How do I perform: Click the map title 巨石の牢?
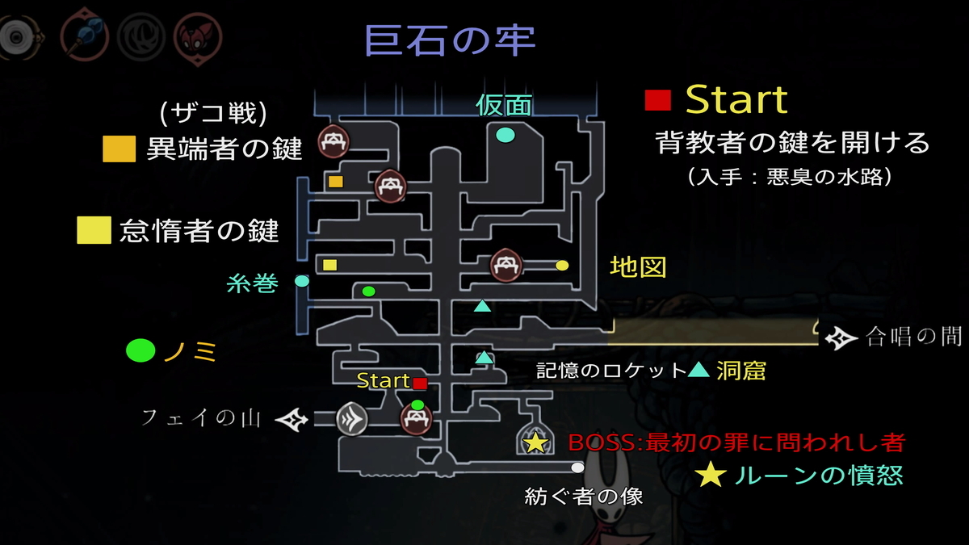(451, 40)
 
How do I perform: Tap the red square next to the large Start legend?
(657, 100)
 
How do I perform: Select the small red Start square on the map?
(420, 384)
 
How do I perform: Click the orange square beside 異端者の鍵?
(119, 149)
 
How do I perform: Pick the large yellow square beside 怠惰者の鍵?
(94, 230)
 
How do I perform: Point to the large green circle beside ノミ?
(141, 350)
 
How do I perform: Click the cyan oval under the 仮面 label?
(505, 135)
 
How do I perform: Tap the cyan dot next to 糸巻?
(302, 281)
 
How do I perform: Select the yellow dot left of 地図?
(562, 265)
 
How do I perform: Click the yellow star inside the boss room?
(535, 442)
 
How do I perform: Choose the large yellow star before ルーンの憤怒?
(711, 474)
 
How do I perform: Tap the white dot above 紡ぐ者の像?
(577, 467)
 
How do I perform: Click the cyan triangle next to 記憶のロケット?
(698, 370)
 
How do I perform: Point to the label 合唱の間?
(914, 337)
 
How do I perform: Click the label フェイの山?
(201, 418)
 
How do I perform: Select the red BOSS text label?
(736, 442)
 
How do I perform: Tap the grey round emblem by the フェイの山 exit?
(352, 419)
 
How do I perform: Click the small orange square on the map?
(336, 182)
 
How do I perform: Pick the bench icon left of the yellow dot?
(505, 265)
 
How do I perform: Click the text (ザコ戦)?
(213, 113)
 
